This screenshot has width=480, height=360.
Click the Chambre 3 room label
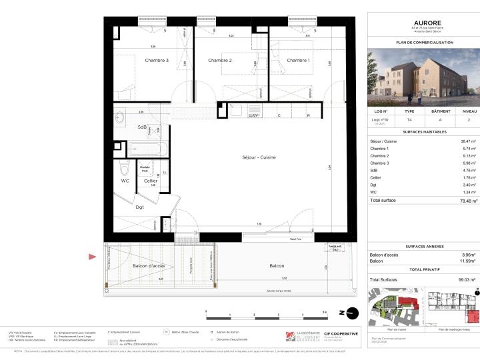click(157, 61)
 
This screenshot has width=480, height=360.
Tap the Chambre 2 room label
click(219, 61)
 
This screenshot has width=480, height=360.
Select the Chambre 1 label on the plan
click(298, 61)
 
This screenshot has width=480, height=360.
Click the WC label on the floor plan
click(125, 181)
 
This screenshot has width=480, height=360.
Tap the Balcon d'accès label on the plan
click(149, 266)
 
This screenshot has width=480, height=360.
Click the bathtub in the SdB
click(144, 149)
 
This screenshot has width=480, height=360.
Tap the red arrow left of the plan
click(93, 256)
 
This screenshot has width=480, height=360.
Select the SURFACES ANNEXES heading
click(424, 245)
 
